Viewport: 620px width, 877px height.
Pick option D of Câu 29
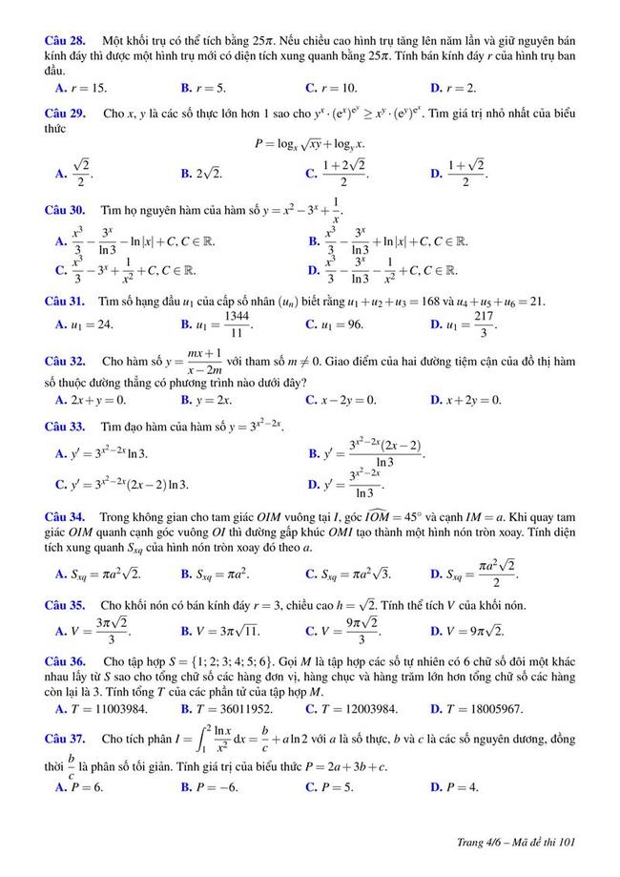pyautogui.click(x=458, y=174)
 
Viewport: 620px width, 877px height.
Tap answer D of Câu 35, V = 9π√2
pyautogui.click(x=466, y=631)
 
